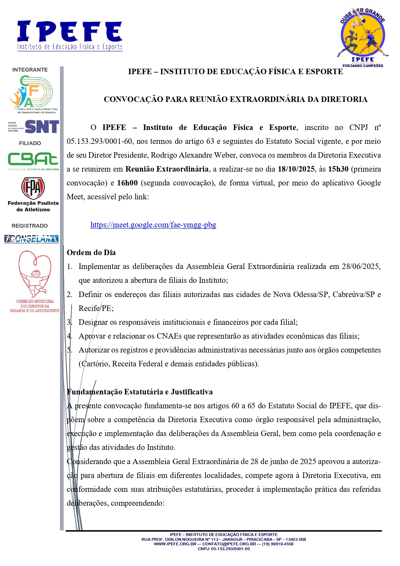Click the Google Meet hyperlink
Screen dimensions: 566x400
pyautogui.click(x=153, y=225)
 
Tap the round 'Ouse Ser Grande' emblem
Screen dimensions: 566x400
pyautogui.click(x=363, y=37)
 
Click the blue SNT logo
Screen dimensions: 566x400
pyautogui.click(x=42, y=126)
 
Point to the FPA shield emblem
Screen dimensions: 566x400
pyautogui.click(x=33, y=188)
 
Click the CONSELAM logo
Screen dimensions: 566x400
pyautogui.click(x=31, y=239)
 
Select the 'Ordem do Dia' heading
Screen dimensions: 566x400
pyautogui.click(x=91, y=253)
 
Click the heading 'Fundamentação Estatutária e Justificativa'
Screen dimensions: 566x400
pyautogui.click(x=140, y=392)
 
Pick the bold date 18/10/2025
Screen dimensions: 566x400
pyautogui.click(x=296, y=169)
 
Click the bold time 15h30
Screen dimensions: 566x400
pyautogui.click(x=338, y=169)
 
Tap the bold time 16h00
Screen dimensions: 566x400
pyautogui.click(x=127, y=183)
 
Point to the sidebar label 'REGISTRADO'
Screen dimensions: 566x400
pyautogui.click(x=30, y=226)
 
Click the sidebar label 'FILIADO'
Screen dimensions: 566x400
pyautogui.click(x=30, y=143)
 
